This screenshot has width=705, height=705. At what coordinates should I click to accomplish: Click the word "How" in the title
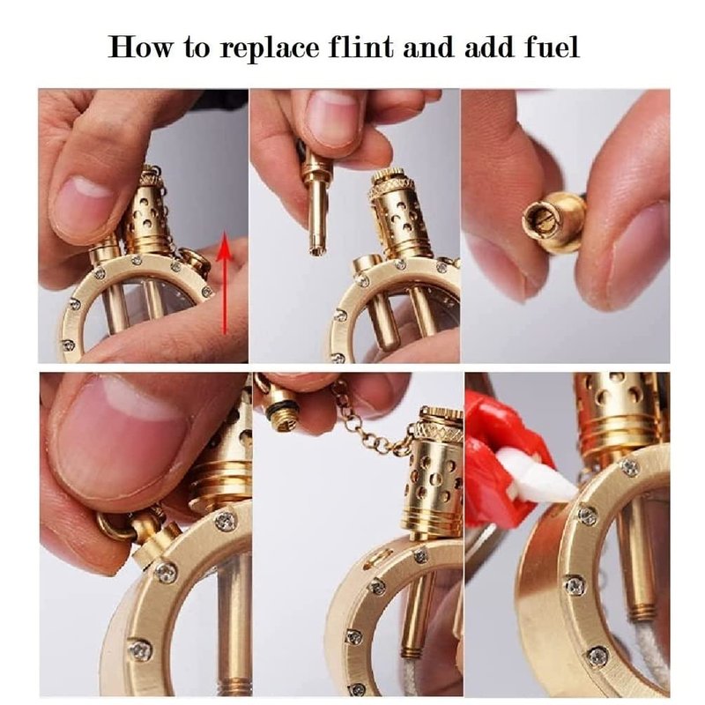click(x=140, y=48)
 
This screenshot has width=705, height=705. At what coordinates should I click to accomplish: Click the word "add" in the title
click(x=489, y=47)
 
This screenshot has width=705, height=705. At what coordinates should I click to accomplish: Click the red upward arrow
click(x=224, y=286)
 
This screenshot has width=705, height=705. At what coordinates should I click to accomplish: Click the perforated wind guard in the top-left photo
click(x=147, y=212)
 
